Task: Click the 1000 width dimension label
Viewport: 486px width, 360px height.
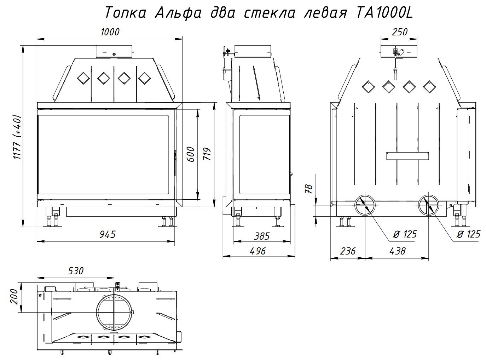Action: (110, 32)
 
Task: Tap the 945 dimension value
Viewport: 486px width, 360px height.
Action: (108, 235)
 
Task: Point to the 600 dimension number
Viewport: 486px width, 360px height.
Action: (191, 154)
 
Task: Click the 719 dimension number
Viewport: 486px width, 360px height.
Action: (207, 154)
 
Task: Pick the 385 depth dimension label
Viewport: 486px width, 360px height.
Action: (262, 236)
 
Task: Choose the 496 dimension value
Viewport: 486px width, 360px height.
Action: (258, 251)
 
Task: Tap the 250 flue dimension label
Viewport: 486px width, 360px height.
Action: (400, 32)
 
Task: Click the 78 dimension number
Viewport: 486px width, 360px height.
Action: (308, 189)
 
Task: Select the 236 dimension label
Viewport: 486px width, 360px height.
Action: (348, 251)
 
